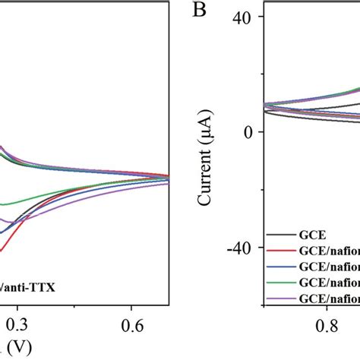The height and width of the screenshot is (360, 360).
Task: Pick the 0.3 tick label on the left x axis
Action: pyautogui.click(x=17, y=324)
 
